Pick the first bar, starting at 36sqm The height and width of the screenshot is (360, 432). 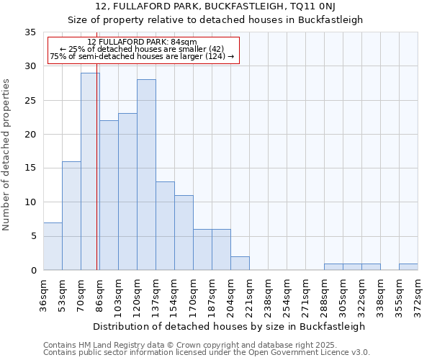point(53,246)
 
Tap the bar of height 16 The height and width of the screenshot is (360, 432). point(71,215)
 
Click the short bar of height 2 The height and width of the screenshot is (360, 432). point(240,263)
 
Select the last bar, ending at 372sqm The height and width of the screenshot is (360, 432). point(408,266)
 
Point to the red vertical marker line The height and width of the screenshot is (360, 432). point(96,144)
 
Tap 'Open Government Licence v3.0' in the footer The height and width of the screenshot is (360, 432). point(315,353)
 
